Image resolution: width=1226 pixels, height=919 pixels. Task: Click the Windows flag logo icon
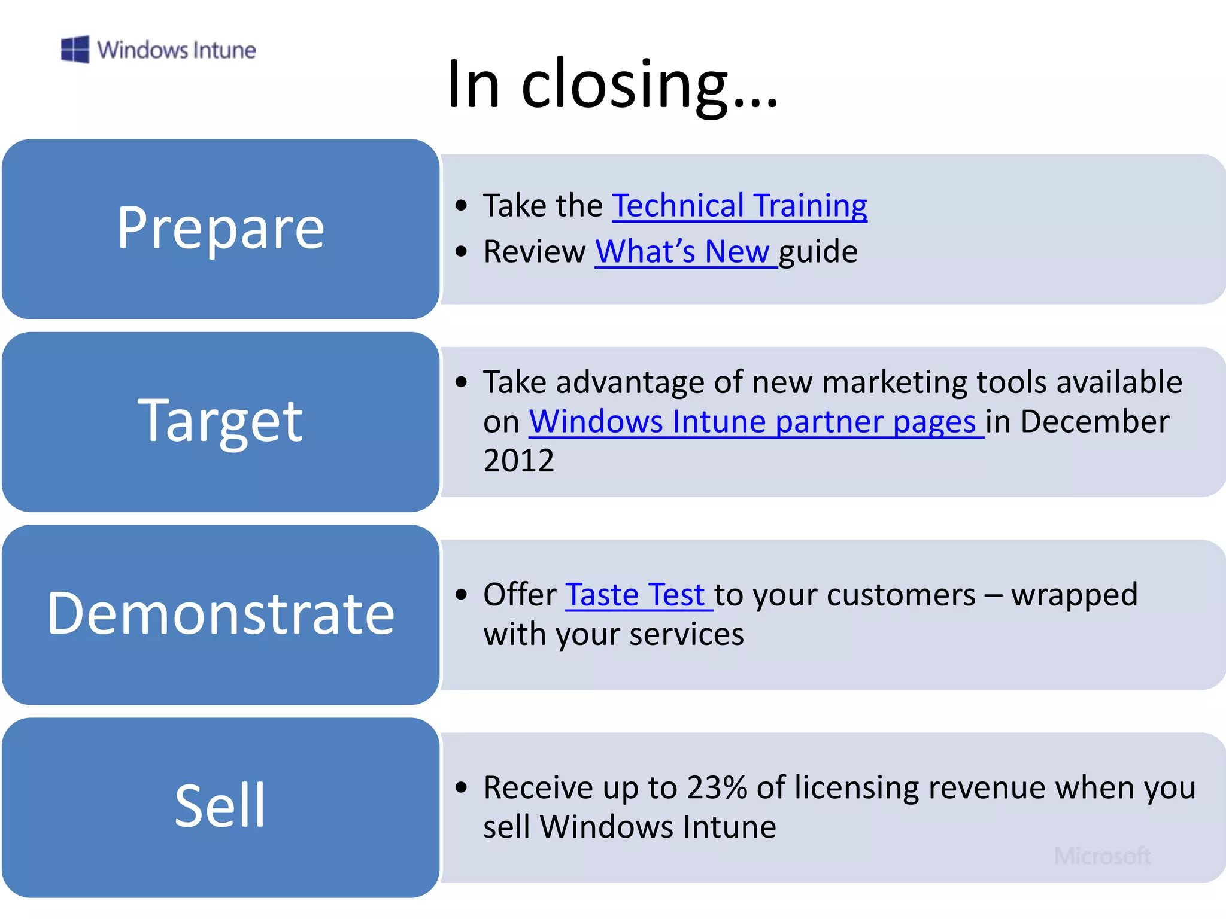click(x=75, y=49)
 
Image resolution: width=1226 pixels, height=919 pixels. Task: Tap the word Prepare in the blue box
click(x=220, y=228)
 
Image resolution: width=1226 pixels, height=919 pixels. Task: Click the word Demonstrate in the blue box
click(x=220, y=613)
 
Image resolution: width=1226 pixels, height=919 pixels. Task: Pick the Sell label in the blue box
click(x=220, y=806)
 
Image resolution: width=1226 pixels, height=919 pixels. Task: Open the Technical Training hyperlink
click(x=739, y=206)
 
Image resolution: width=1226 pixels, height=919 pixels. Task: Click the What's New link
click(x=682, y=251)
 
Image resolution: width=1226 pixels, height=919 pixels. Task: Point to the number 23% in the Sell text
click(x=717, y=787)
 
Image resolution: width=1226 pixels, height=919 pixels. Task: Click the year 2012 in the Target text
click(x=518, y=461)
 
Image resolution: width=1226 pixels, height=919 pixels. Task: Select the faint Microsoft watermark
click(x=1102, y=856)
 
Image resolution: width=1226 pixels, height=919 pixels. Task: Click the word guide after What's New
click(x=818, y=252)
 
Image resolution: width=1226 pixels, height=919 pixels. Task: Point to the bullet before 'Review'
click(x=460, y=252)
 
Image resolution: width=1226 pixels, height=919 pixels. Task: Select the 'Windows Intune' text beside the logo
click(x=176, y=50)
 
